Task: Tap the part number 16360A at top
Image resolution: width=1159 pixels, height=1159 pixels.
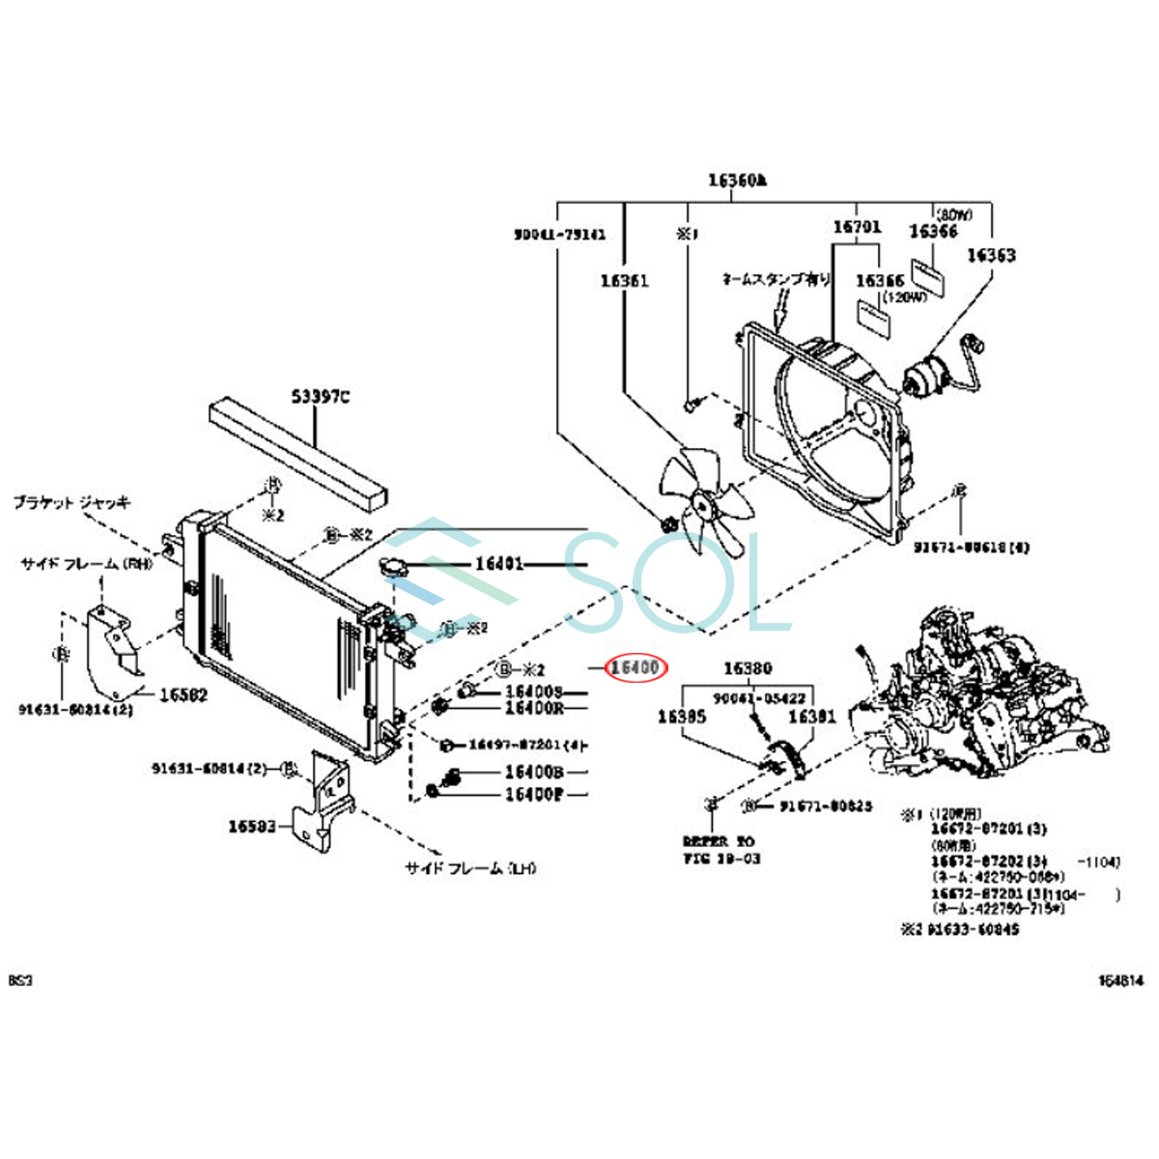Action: (x=737, y=180)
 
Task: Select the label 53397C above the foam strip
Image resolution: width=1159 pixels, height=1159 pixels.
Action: (x=321, y=396)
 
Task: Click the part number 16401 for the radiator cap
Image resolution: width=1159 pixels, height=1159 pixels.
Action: (x=499, y=564)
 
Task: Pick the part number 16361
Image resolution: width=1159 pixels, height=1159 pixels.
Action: (x=624, y=280)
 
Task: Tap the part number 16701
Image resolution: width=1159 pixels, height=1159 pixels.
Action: (x=857, y=227)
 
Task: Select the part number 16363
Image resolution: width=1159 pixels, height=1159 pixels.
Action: (x=990, y=255)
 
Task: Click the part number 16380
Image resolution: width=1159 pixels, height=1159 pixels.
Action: (x=748, y=668)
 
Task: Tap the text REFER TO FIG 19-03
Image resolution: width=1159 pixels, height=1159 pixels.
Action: (x=721, y=850)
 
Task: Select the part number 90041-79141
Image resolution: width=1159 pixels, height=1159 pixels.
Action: (x=560, y=234)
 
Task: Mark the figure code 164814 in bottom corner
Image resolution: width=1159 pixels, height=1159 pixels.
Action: (x=1119, y=981)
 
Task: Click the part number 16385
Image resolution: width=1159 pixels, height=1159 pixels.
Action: (x=682, y=717)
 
